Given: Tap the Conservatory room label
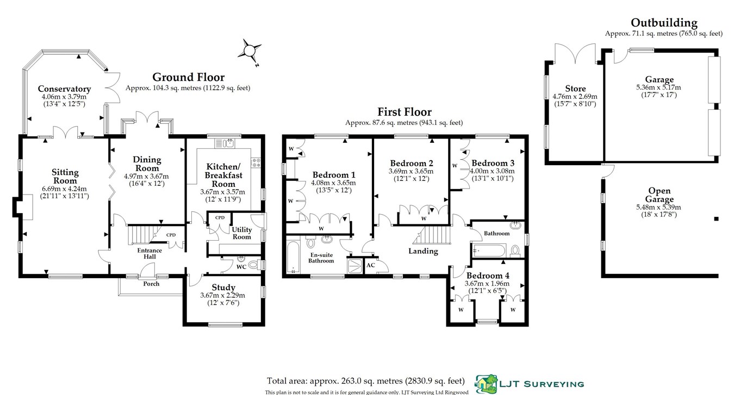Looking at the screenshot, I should click(x=64, y=89).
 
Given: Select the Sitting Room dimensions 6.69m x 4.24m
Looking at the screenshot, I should click(x=65, y=188).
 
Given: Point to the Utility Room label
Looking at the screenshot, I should click(x=242, y=233).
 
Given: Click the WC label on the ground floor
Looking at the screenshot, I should click(x=242, y=267).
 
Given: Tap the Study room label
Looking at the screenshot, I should click(x=223, y=287).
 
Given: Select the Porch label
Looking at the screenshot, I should click(x=151, y=284).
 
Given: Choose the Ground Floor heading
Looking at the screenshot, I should click(x=188, y=77).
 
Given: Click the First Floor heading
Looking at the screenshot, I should click(x=404, y=112).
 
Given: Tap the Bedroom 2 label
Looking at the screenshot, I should click(x=412, y=163).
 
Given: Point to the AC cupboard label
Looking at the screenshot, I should click(x=371, y=265).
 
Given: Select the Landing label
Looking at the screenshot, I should click(x=423, y=250).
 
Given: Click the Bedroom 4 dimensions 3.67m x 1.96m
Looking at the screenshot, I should click(x=487, y=283).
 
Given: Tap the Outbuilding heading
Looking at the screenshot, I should click(x=663, y=22).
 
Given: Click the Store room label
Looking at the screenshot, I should click(x=575, y=89).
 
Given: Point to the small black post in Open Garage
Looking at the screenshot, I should click(x=716, y=218).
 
